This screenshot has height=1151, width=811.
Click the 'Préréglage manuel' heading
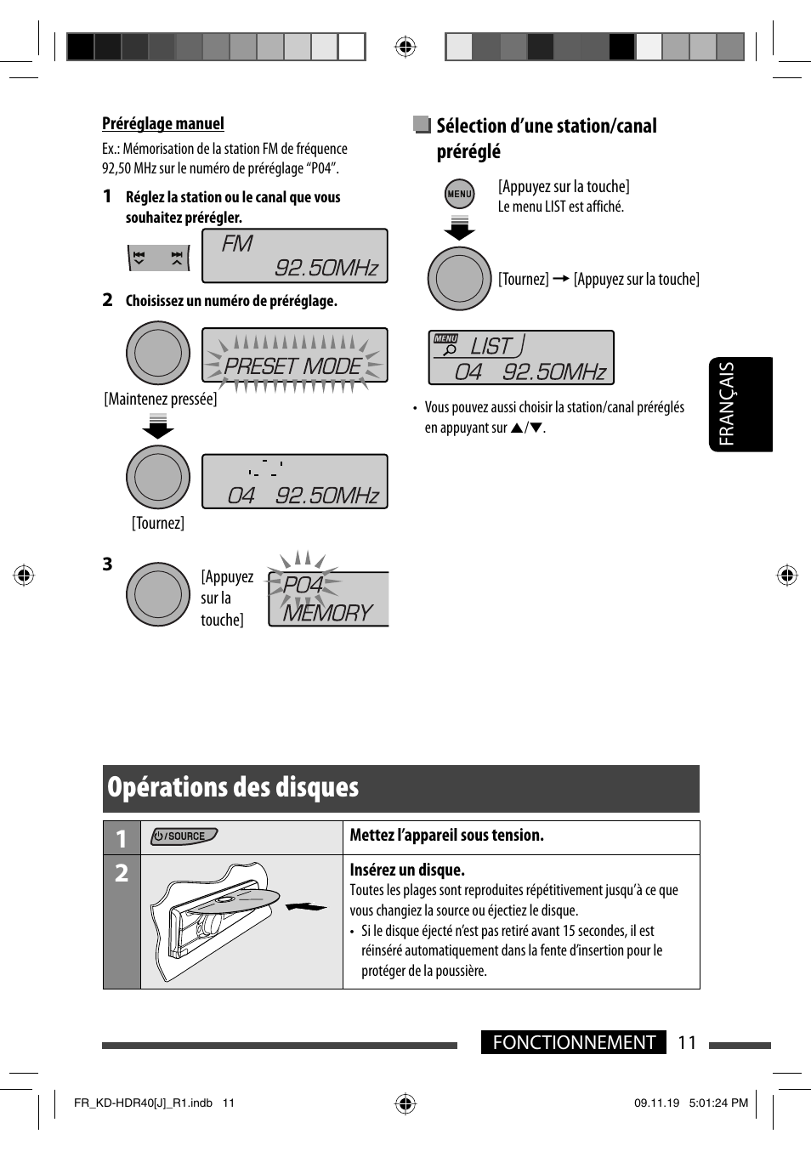click(x=163, y=124)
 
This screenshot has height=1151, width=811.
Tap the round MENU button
click(x=459, y=194)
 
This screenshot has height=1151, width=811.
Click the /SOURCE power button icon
click(x=184, y=836)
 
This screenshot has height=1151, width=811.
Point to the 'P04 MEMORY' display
click(x=327, y=599)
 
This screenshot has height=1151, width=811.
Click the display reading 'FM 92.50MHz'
click(x=294, y=256)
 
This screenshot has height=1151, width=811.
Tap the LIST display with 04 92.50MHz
click(x=520, y=358)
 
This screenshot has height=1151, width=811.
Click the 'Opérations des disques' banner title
click(x=233, y=788)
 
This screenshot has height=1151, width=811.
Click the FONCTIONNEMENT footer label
click(x=574, y=1042)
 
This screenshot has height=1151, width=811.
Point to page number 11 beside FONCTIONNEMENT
click(x=687, y=1042)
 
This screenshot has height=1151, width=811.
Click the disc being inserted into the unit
click(x=238, y=900)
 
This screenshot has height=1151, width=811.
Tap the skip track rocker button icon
click(x=158, y=258)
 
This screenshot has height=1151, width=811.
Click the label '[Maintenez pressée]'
click(x=161, y=400)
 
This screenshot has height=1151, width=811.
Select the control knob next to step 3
click(x=158, y=594)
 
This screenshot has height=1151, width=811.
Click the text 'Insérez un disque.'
click(x=407, y=870)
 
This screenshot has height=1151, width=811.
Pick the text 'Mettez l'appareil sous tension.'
click(x=446, y=836)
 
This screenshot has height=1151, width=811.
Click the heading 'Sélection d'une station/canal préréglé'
click(x=546, y=139)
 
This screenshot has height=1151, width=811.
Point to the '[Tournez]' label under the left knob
click(x=158, y=524)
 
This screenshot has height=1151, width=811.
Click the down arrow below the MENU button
click(x=459, y=229)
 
